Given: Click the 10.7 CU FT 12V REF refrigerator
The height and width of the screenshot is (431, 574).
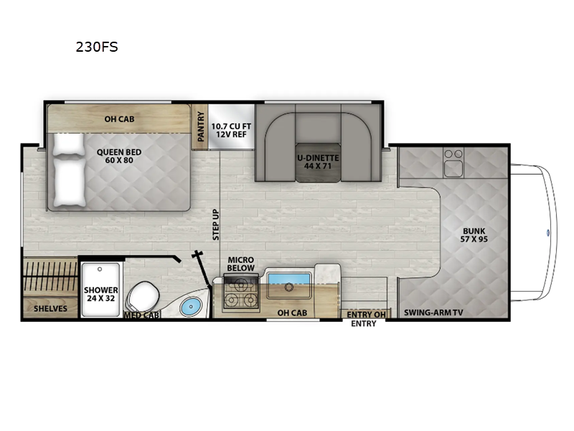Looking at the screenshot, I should (231, 127).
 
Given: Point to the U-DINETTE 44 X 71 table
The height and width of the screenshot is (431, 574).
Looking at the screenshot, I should (318, 161).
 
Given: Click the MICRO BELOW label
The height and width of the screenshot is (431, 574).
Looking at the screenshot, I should (242, 264).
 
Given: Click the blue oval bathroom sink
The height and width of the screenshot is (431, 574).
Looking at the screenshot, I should (189, 307).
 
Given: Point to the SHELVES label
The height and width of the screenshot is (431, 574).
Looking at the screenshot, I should (50, 309).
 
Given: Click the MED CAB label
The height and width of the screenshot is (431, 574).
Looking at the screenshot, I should (141, 315).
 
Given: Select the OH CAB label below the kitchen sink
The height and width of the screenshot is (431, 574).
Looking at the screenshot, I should (292, 312).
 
